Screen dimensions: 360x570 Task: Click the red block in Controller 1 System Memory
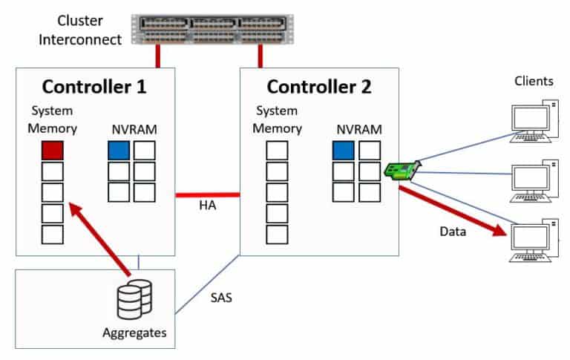(x=52, y=151)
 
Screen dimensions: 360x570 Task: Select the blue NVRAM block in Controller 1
(x=119, y=151)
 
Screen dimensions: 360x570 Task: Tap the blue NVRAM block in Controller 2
(x=344, y=151)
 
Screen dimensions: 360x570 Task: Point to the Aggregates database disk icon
(x=134, y=299)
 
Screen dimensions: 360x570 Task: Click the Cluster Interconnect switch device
(x=209, y=30)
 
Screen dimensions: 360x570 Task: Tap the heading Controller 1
(x=94, y=86)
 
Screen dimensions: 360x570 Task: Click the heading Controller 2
(x=319, y=86)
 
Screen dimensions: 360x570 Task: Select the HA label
(x=207, y=206)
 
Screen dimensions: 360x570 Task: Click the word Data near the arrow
(x=453, y=232)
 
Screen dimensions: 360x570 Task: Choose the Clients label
(x=534, y=81)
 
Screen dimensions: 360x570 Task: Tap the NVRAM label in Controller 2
(x=358, y=129)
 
